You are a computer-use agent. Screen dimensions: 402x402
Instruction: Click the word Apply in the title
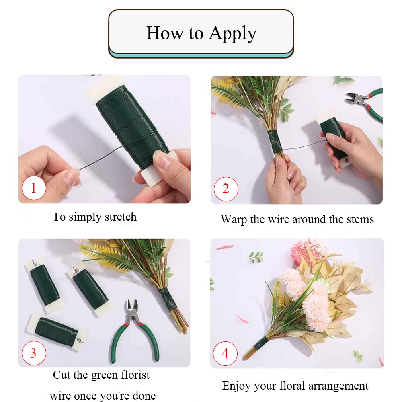232,33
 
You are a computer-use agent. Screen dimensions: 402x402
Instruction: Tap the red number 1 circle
34,188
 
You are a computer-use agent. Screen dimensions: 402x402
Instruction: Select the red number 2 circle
226,189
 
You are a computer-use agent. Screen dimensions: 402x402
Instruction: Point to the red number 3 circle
34,353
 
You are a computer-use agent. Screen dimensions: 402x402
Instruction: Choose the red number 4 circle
225,353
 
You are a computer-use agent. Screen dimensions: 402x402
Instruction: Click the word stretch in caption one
121,217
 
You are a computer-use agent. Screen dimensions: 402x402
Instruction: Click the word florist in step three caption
135,375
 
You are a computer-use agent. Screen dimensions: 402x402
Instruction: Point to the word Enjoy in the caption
236,386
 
